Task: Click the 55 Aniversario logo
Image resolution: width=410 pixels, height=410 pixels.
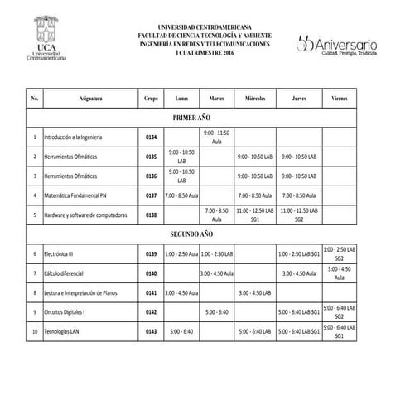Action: [x=337, y=42]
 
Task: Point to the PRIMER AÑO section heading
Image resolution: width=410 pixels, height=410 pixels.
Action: [x=192, y=118]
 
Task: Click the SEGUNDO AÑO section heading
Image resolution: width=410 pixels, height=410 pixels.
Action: [x=192, y=234]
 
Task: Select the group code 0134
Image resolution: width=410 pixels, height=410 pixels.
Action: [x=151, y=137]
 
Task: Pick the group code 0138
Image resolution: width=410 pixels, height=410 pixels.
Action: [x=151, y=215]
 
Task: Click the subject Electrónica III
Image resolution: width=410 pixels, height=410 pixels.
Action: [x=60, y=253]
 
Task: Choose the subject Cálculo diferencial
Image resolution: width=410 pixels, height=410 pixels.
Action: [x=67, y=273]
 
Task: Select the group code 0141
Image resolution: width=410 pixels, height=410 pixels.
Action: [x=151, y=292]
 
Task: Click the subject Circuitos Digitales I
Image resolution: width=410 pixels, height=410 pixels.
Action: [x=66, y=312]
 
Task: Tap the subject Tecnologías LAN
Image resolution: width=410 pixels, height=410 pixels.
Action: [x=63, y=331]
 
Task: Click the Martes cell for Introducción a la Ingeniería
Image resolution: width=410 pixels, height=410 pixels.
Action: [x=216, y=137]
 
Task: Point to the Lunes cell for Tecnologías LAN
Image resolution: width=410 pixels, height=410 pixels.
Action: [x=181, y=331]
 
